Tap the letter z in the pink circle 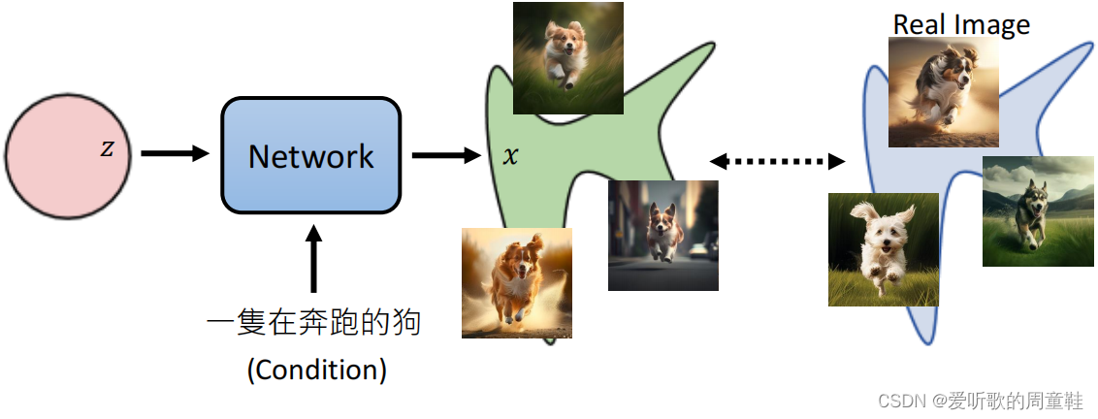point(107,149)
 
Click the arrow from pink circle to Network point(175,153)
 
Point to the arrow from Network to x point(446,154)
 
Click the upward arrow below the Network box point(312,257)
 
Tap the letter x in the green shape point(510,155)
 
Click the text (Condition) point(316,370)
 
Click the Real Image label point(960,24)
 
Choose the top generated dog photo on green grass point(567,58)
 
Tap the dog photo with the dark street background point(663,236)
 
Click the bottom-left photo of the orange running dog point(516,283)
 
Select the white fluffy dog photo point(883,249)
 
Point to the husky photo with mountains point(1038,210)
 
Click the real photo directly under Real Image point(943,92)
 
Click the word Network point(310,156)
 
